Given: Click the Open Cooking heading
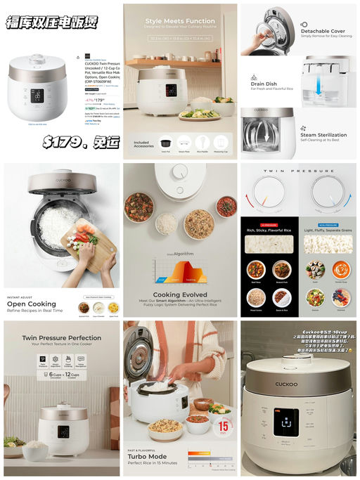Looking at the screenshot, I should [x=32, y=304].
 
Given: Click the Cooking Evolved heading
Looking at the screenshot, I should [x=179, y=295].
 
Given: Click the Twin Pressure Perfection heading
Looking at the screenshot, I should [x=61, y=338].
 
